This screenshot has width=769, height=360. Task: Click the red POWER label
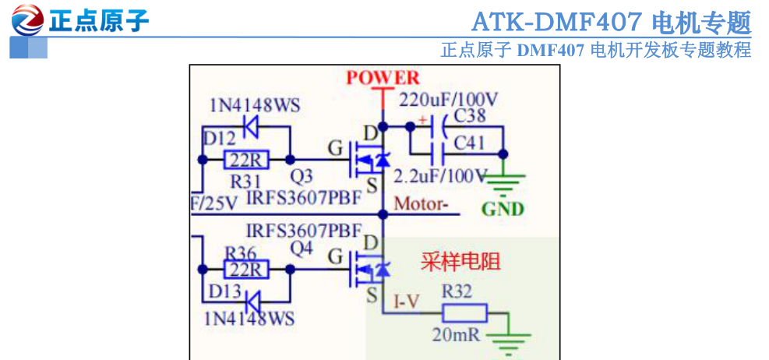point(383,77)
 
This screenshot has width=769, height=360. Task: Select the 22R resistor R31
point(246,160)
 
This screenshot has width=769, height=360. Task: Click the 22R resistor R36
point(246,270)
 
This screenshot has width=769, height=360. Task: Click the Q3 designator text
point(301,176)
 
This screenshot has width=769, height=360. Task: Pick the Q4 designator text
point(301,249)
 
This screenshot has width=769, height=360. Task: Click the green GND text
point(503,209)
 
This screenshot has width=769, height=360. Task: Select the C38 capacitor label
point(470,115)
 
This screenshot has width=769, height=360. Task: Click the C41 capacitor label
point(469,143)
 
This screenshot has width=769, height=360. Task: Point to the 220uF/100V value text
point(449,100)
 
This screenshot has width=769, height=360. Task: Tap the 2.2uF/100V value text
point(441,175)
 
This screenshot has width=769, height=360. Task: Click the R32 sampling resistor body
point(465,313)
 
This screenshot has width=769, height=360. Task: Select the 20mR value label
point(456,335)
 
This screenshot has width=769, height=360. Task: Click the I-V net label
point(407,302)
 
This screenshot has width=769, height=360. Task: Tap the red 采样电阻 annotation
point(460,262)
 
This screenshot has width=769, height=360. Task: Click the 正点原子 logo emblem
point(27,19)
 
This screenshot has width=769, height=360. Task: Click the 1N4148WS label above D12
point(255,105)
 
